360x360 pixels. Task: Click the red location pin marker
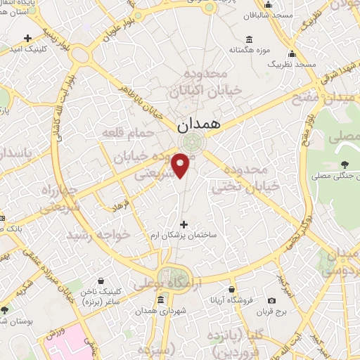click(181, 165)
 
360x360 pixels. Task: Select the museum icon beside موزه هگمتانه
click(249, 39)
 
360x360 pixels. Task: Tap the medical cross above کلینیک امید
click(27, 37)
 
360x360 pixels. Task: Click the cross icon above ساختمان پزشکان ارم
click(184, 224)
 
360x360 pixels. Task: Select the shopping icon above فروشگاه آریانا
click(232, 289)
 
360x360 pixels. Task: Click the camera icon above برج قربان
click(272, 300)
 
